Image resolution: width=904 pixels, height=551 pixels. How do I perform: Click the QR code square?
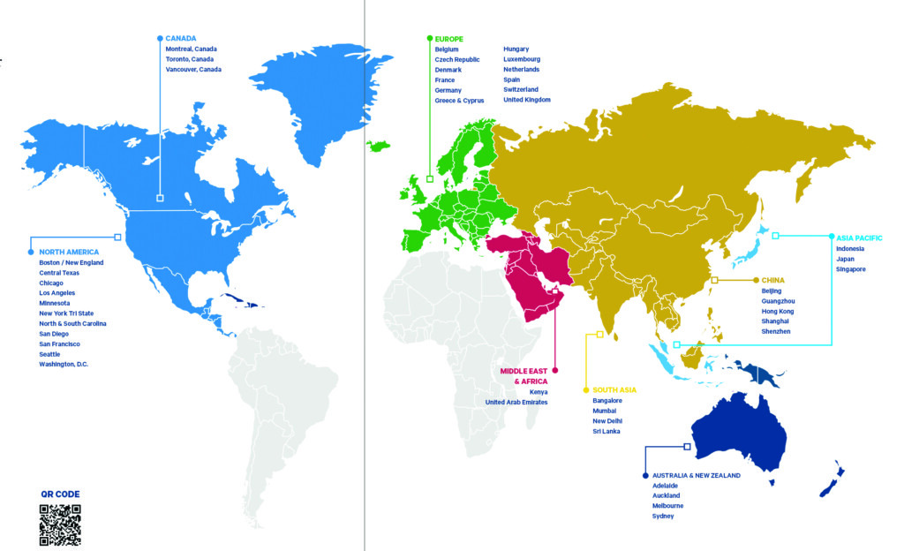(60, 525)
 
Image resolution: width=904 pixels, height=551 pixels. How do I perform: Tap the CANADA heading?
(180, 39)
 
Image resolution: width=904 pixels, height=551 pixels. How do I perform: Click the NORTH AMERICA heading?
(69, 252)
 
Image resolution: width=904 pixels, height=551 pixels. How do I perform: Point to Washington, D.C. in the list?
(64, 364)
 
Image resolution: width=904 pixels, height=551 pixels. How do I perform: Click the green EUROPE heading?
(449, 39)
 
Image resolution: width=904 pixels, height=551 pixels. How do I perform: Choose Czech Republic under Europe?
(457, 59)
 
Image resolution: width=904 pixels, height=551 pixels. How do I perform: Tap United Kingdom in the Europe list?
(527, 100)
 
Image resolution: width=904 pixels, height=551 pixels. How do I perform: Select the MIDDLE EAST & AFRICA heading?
(524, 376)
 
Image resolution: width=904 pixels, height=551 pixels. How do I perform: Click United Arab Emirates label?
(516, 402)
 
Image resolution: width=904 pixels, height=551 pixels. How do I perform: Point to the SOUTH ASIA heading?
(614, 389)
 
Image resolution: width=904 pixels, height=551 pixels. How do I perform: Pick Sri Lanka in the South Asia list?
(606, 431)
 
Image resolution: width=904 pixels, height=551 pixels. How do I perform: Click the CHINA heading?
(772, 280)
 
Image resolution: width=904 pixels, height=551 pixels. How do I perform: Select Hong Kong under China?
(778, 311)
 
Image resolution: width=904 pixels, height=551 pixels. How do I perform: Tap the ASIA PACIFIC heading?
(860, 237)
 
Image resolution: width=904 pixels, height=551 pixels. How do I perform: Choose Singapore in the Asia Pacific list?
(851, 268)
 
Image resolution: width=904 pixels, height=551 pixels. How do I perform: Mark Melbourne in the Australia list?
(667, 506)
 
